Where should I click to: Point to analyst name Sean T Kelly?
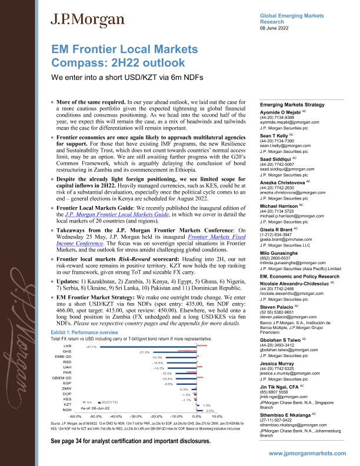[277, 135]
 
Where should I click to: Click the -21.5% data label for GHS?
[144, 352]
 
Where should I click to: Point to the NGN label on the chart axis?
[67, 411]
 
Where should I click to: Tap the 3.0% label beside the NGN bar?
[210, 411]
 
